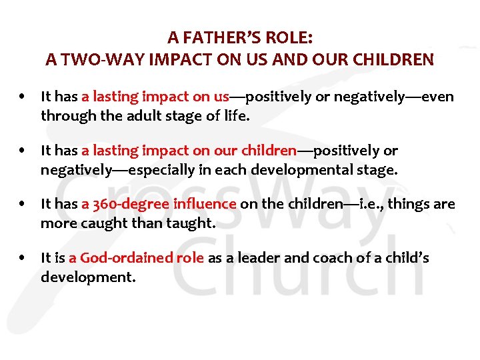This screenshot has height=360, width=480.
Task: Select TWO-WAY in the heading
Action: [x=95, y=59]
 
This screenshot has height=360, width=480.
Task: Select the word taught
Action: [x=189, y=223]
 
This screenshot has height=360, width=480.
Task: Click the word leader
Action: [x=256, y=257]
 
